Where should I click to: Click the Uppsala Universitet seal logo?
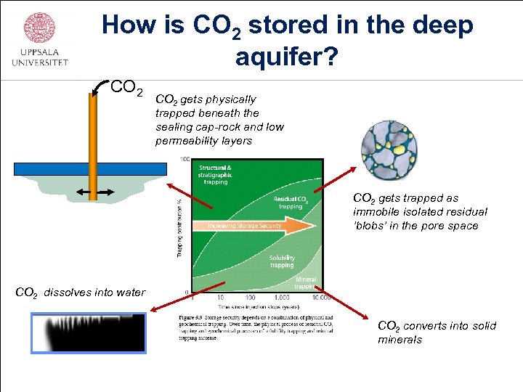39,28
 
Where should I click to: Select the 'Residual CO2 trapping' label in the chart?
291,203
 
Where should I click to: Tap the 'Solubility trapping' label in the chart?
282,261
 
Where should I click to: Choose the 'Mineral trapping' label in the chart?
306,282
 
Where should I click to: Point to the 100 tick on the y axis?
185,159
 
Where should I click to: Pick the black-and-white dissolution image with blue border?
88,332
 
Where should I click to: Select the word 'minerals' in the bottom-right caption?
400,339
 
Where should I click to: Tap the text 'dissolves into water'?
94,293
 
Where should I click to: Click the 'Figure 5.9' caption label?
191,317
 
